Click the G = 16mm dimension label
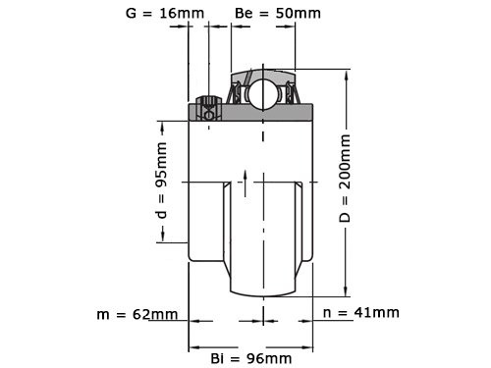pyautogui.click(x=165, y=14)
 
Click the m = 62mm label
pyautogui.click(x=137, y=314)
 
